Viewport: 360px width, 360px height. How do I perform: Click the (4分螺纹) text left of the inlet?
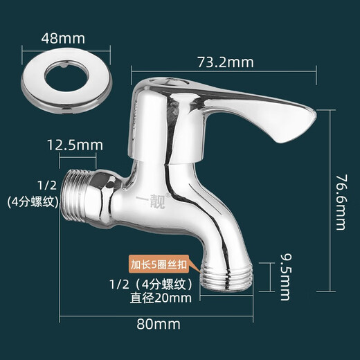click(x=32, y=202)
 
